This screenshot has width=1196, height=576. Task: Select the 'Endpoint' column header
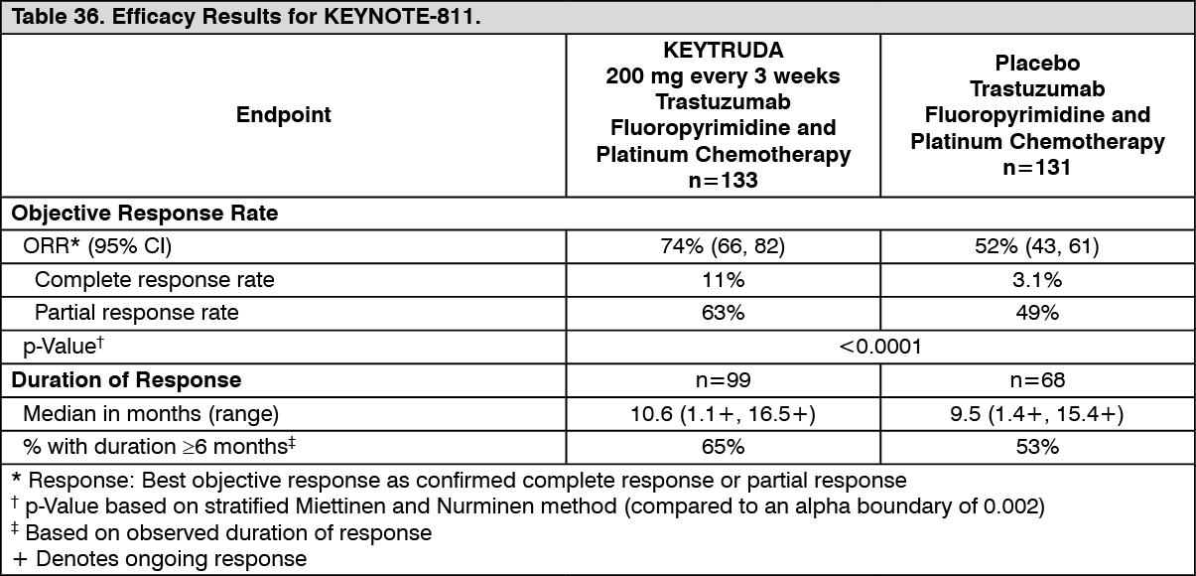(284, 115)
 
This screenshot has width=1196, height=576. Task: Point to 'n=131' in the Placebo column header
(1037, 167)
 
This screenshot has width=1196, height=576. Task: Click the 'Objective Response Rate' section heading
(144, 214)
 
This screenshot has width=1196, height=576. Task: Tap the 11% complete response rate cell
(723, 280)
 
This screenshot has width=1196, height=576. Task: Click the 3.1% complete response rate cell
(1037, 280)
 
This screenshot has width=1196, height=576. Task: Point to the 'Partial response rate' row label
(137, 313)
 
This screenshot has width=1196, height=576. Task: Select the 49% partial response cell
(1037, 313)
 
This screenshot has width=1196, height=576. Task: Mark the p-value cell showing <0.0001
(879, 347)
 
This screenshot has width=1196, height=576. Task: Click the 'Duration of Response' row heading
(126, 379)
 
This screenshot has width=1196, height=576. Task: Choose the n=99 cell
(723, 379)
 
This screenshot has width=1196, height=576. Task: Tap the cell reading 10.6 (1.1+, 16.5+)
(723, 413)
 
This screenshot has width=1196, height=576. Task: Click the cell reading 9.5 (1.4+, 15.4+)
(1037, 413)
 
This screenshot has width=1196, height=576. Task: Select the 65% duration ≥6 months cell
(723, 446)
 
